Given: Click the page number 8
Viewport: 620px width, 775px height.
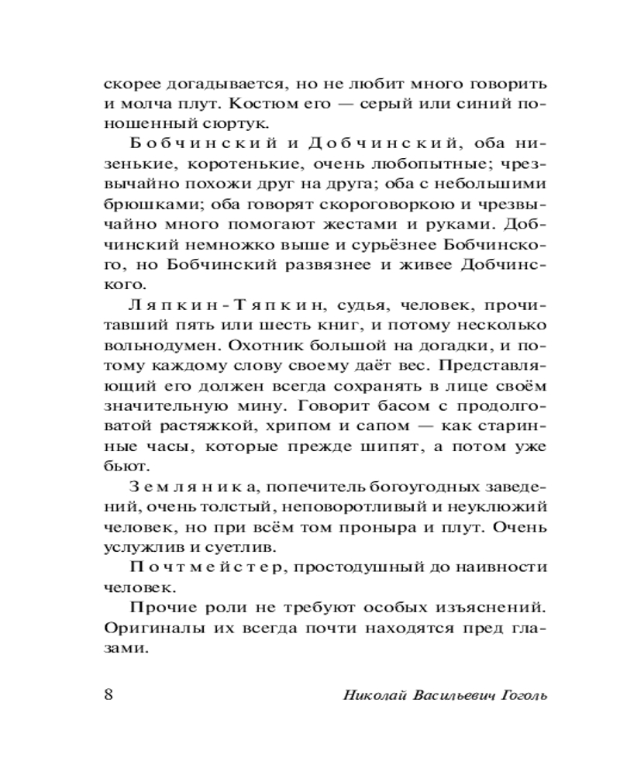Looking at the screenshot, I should pyautogui.click(x=108, y=692).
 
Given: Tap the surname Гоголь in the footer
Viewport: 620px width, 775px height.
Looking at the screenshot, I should pyautogui.click(x=522, y=693).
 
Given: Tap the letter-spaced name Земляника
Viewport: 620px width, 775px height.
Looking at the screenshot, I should pyautogui.click(x=188, y=485).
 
